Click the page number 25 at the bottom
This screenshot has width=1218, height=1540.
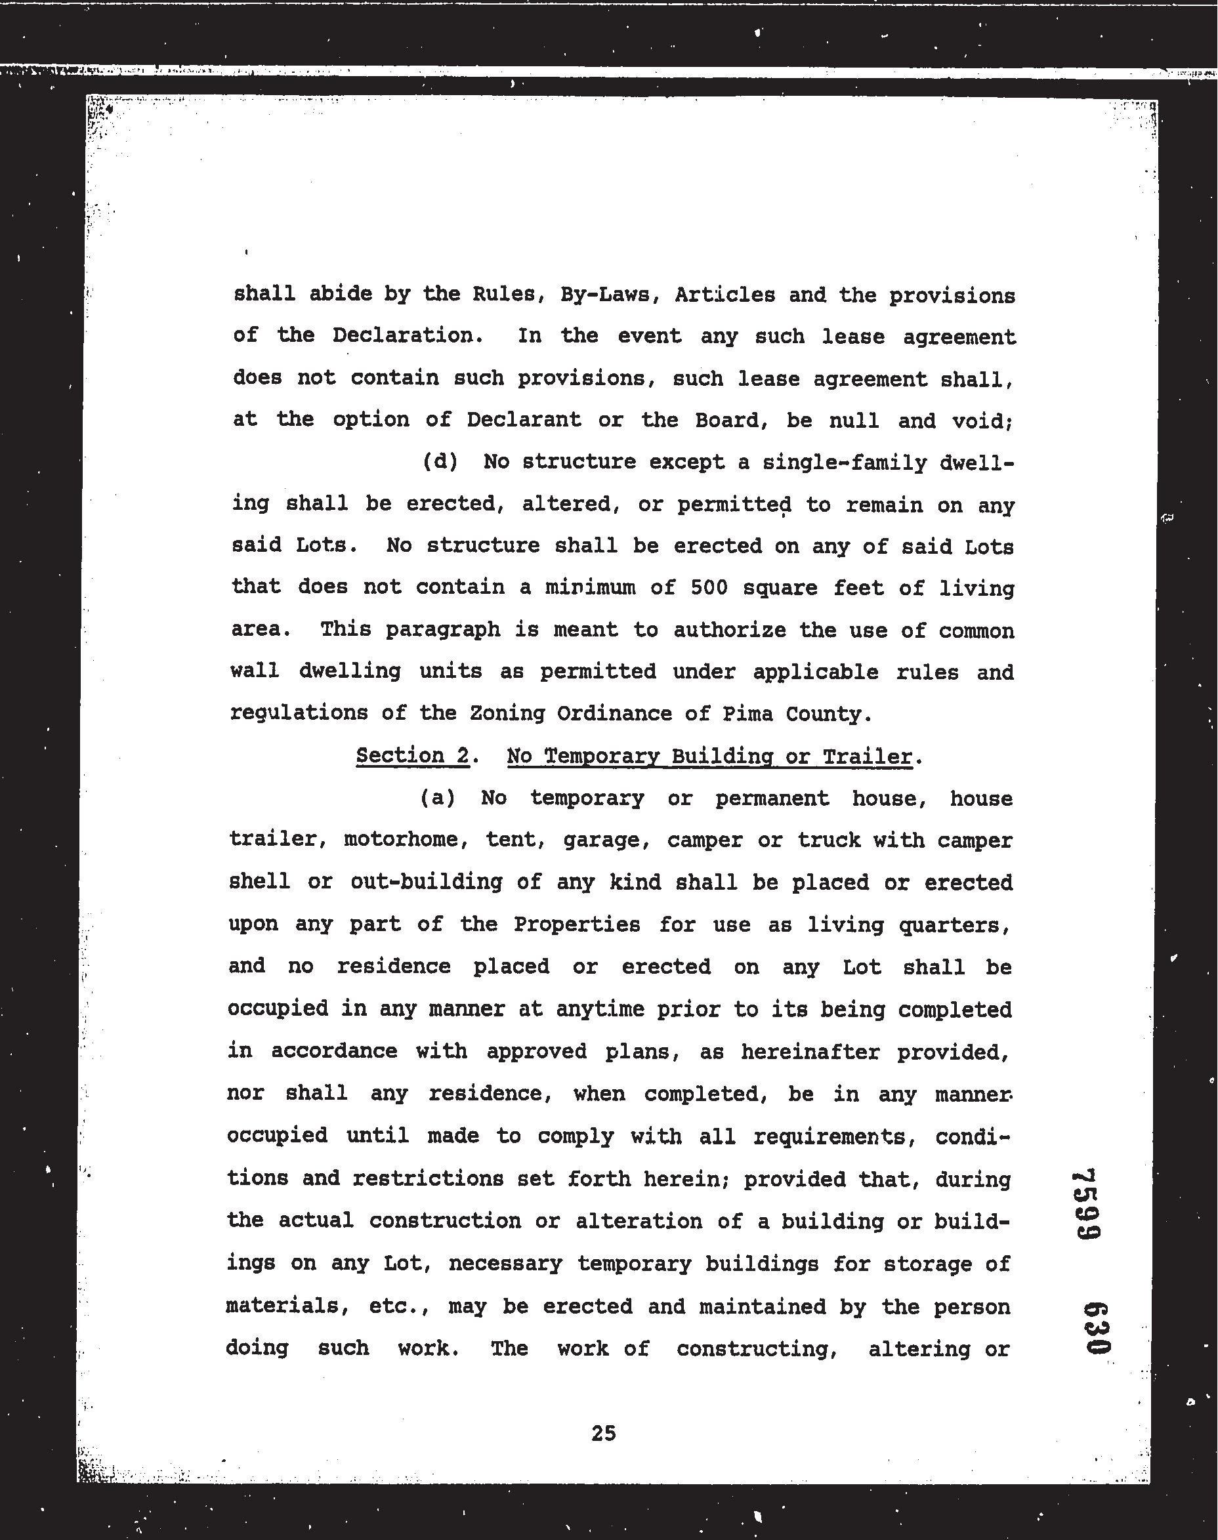pyautogui.click(x=603, y=1433)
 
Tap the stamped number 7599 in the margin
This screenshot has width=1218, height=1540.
pyautogui.click(x=1089, y=1205)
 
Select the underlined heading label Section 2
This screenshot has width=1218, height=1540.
pyautogui.click(x=413, y=756)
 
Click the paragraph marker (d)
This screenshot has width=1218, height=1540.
pyautogui.click(x=439, y=462)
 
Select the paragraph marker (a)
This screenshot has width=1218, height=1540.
pyautogui.click(x=437, y=798)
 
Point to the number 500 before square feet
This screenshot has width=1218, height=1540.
pyautogui.click(x=709, y=588)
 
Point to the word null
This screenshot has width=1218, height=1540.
pyautogui.click(x=854, y=421)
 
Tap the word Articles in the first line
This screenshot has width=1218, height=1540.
pyautogui.click(x=724, y=295)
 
